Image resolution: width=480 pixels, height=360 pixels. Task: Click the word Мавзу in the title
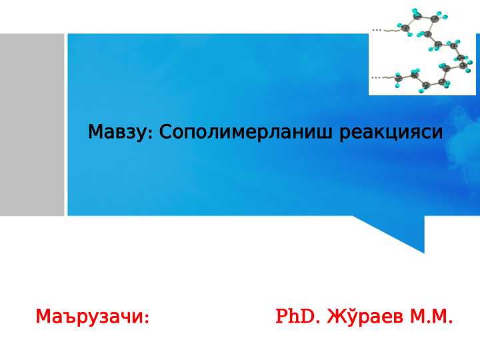(x=117, y=132)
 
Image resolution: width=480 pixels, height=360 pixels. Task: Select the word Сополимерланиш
(x=245, y=132)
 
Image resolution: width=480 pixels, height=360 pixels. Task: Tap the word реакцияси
(x=391, y=133)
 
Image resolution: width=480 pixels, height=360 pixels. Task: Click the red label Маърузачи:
(x=93, y=317)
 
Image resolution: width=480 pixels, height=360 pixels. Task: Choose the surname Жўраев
(x=365, y=316)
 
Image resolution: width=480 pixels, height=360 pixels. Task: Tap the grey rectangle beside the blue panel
(x=32, y=125)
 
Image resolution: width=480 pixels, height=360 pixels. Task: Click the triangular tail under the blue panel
(x=398, y=231)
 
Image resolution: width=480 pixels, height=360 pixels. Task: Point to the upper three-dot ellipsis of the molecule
(x=377, y=30)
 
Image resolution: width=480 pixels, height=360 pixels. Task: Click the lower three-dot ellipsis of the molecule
(x=376, y=78)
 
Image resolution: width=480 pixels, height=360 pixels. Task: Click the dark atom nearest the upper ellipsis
(x=405, y=28)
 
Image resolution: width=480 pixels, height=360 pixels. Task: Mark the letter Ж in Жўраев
(x=334, y=317)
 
